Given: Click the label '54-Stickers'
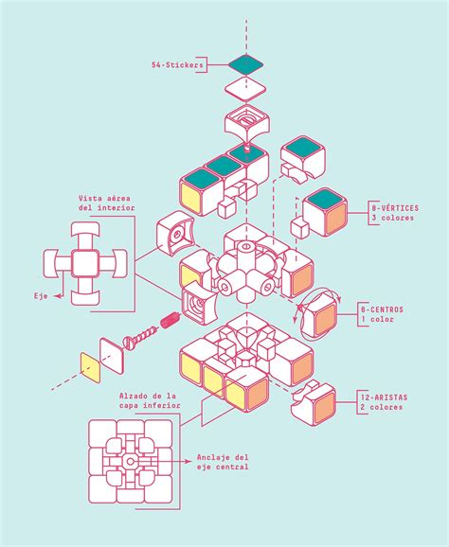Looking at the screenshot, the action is pyautogui.click(x=177, y=65).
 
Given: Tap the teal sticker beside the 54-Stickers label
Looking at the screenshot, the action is pyautogui.click(x=245, y=64).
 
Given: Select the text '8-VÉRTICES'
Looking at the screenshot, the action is pyautogui.click(x=395, y=208).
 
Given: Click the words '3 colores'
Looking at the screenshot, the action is pyautogui.click(x=393, y=218).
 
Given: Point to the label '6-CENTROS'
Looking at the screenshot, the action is pyautogui.click(x=382, y=309).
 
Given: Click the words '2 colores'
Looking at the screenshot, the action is pyautogui.click(x=382, y=407).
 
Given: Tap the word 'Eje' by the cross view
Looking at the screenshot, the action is pyautogui.click(x=41, y=296).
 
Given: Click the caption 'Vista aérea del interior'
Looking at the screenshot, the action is pyautogui.click(x=106, y=203).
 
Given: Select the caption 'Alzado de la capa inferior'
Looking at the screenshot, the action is pyautogui.click(x=150, y=401).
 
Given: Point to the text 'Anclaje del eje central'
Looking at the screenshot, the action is pyautogui.click(x=223, y=462).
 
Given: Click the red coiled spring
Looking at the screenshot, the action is pyautogui.click(x=171, y=320).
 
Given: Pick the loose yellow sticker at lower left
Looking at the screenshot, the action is pyautogui.click(x=90, y=368).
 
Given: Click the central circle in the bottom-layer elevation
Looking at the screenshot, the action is pyautogui.click(x=130, y=462).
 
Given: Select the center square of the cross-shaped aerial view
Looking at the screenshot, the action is pyautogui.click(x=85, y=264).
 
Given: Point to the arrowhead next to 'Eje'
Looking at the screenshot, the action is pyautogui.click(x=58, y=296).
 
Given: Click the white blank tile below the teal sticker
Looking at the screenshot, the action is pyautogui.click(x=245, y=89).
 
